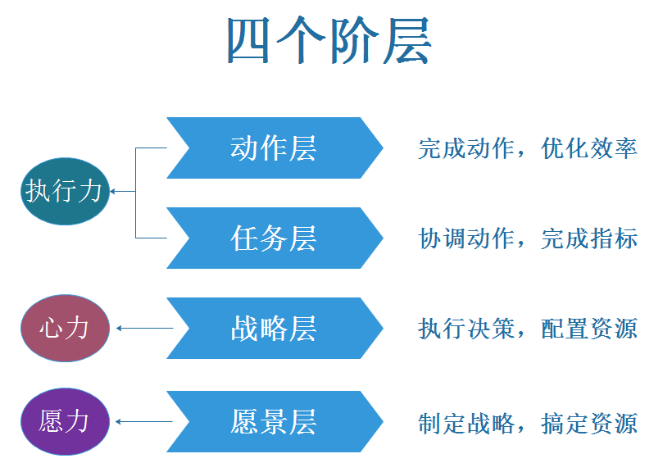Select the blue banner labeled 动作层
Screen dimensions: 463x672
(274, 148)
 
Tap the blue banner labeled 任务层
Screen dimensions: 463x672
(274, 238)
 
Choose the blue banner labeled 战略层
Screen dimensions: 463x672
(274, 329)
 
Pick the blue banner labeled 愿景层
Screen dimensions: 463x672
(274, 422)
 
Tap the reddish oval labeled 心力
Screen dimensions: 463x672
(64, 329)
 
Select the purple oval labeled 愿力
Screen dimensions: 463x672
(64, 422)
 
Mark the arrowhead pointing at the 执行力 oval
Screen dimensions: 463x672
(113, 192)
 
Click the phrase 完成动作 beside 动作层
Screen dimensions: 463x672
(466, 148)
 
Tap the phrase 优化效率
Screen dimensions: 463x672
(589, 148)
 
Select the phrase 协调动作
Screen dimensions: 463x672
(466, 238)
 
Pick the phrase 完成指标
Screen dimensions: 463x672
(589, 238)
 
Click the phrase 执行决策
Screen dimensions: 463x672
(466, 329)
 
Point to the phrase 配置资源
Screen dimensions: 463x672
(589, 329)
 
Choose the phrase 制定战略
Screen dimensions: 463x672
(466, 423)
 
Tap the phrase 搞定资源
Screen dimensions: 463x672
(589, 423)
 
